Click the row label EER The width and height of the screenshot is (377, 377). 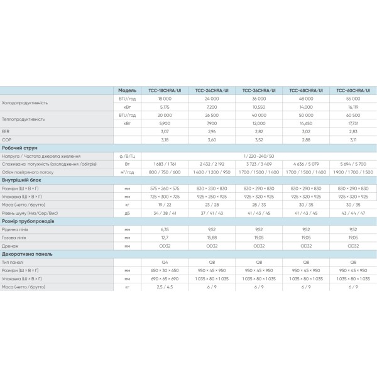(6, 131)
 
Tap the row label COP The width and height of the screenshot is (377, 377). (7, 139)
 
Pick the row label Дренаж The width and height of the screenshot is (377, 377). (11, 246)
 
